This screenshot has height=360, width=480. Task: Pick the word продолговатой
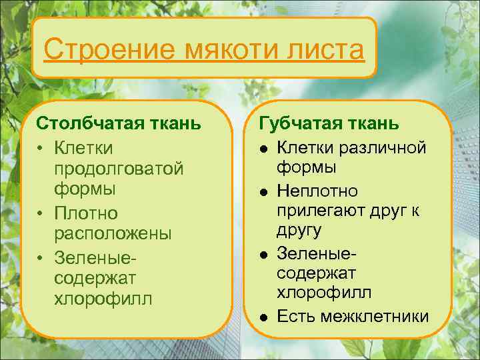pyautogui.click(x=119, y=168)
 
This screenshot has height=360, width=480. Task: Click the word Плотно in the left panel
pyautogui.click(x=86, y=213)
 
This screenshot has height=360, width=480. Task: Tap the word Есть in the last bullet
pyautogui.click(x=295, y=315)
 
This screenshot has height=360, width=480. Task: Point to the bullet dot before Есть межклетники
pyautogui.click(x=265, y=317)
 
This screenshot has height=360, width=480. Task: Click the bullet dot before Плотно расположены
pyautogui.click(x=41, y=213)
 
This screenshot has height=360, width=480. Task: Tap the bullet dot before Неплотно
pyautogui.click(x=265, y=192)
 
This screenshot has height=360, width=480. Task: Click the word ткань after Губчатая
pyautogui.click(x=373, y=124)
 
